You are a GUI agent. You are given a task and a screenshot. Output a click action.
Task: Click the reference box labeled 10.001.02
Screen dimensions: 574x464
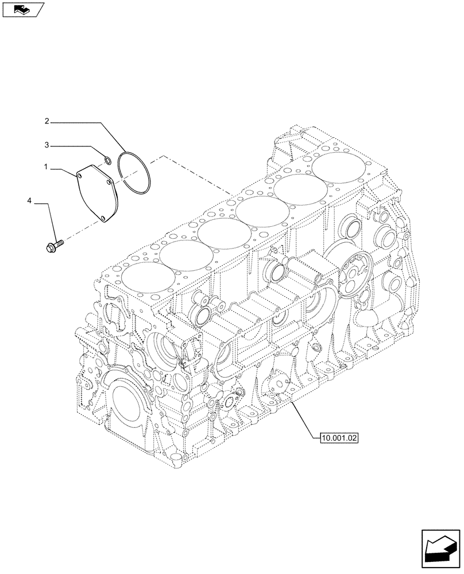point(337,438)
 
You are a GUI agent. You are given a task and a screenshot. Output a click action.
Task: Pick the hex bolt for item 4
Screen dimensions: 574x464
point(55,246)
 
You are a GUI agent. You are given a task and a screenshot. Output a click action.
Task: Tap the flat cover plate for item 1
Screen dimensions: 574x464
point(96,191)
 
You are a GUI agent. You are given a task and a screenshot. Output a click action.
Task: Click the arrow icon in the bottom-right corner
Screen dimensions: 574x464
point(439,550)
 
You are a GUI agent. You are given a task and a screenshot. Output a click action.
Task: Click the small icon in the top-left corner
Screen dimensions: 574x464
point(22,9)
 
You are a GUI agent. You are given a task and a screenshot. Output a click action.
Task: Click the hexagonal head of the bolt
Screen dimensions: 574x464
point(50,247)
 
